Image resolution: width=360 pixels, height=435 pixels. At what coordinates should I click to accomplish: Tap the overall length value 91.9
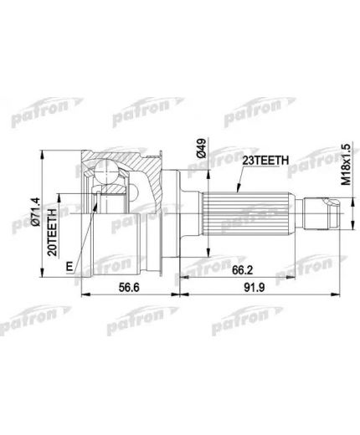[253, 286]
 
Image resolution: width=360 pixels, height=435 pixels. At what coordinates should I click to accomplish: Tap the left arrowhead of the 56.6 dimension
[83, 294]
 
